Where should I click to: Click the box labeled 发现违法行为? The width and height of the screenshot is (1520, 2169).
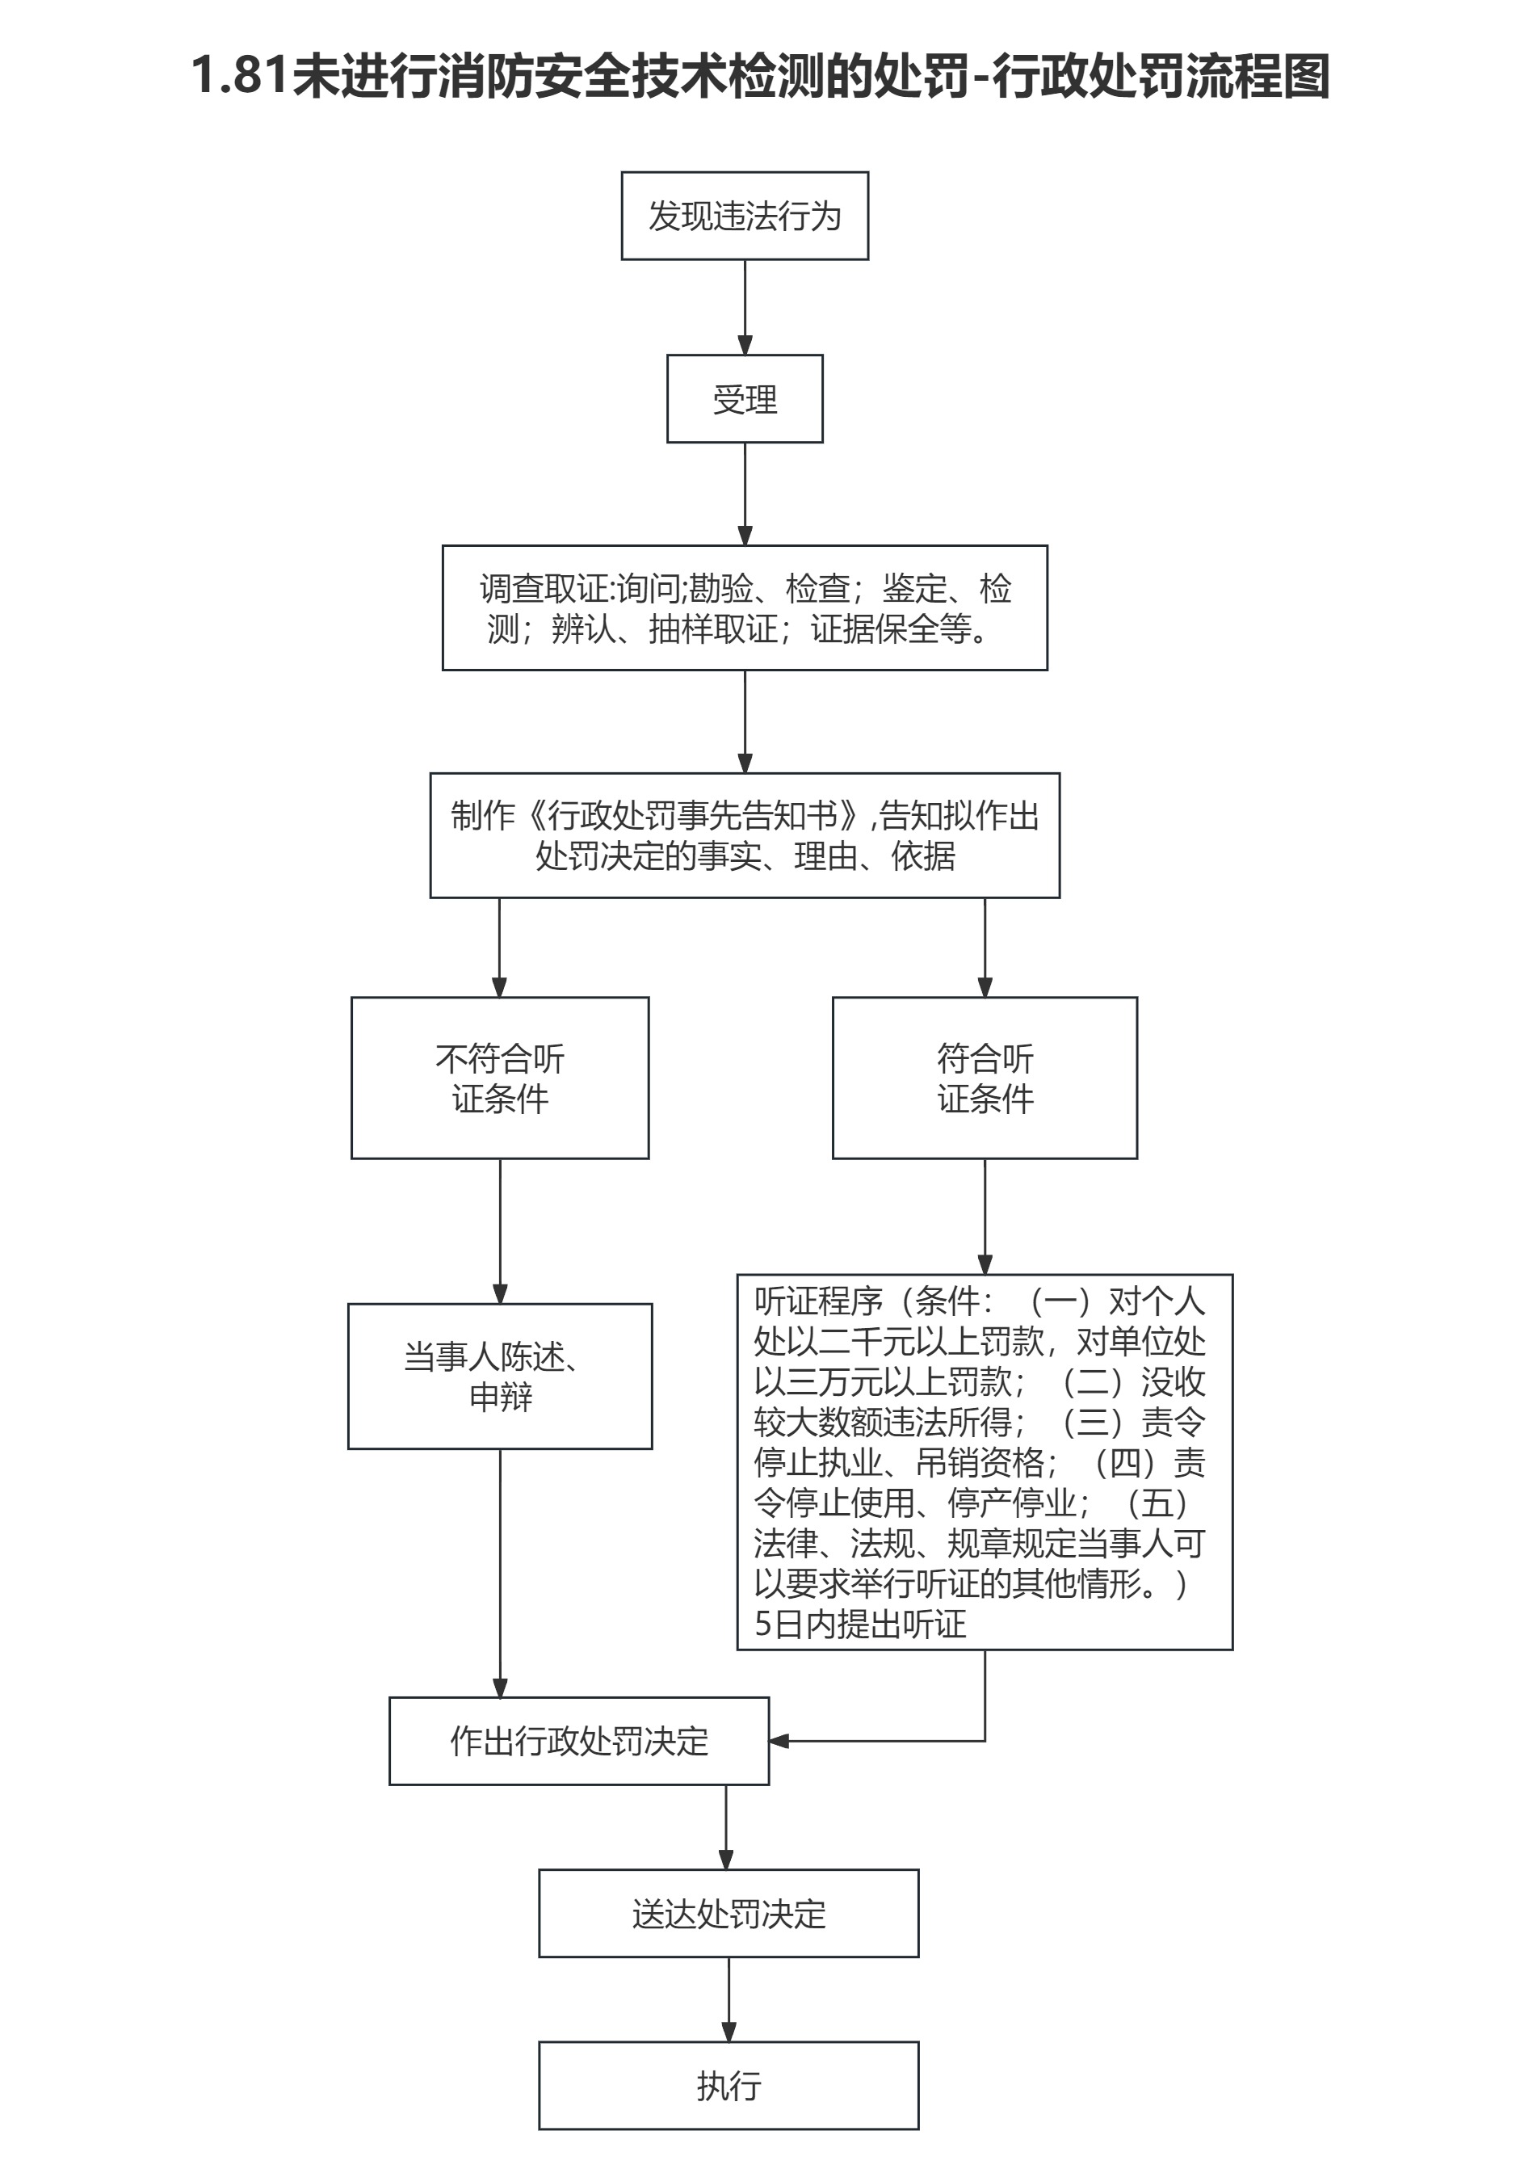click(x=745, y=216)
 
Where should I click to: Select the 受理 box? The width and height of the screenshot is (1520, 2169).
click(x=745, y=398)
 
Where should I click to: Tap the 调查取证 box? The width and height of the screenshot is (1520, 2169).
click(x=745, y=607)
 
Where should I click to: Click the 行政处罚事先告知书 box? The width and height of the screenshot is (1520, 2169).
click(x=745, y=835)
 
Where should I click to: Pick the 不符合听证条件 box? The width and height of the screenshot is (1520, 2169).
click(x=500, y=1077)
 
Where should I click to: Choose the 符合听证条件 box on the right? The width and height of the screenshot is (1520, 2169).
click(x=985, y=1077)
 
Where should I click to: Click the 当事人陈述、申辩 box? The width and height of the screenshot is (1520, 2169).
click(x=500, y=1376)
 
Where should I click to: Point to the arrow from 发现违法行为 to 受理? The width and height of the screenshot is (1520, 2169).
click(x=745, y=307)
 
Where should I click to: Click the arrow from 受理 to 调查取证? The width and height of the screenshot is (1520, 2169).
click(x=745, y=493)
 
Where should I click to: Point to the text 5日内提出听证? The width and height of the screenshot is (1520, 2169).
click(x=859, y=1624)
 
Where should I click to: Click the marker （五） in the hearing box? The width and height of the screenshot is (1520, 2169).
click(x=1157, y=1502)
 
